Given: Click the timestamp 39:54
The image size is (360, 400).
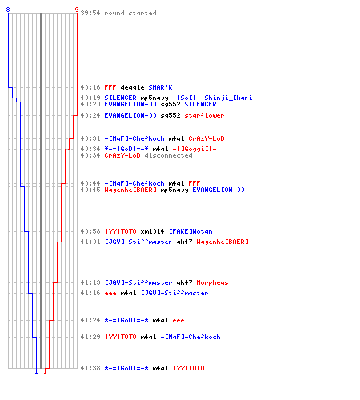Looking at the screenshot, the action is (90, 13).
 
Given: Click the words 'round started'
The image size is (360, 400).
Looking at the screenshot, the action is (130, 13).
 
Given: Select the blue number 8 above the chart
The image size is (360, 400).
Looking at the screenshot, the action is (8, 10).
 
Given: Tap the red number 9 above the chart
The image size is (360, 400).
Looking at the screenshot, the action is (77, 10).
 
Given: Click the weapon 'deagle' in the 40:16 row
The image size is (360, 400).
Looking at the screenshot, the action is (132, 87).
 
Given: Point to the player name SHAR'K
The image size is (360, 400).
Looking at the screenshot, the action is (160, 87).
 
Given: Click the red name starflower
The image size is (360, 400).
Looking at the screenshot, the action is (204, 115).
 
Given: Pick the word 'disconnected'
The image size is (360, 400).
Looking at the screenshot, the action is (168, 155).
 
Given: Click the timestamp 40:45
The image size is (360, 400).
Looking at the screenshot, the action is (90, 190).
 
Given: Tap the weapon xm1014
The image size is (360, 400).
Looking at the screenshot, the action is (152, 231).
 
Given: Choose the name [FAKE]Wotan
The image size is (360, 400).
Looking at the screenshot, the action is (190, 231).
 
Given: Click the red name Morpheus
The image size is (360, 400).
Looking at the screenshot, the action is (212, 282).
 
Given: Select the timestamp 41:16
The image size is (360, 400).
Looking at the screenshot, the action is (90, 293).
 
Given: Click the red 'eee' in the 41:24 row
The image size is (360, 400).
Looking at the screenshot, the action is (178, 320).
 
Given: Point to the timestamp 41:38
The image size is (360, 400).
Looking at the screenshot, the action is (90, 368).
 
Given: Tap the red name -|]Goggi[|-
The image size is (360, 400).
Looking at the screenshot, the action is (194, 149).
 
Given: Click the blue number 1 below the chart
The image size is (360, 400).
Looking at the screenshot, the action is (36, 371).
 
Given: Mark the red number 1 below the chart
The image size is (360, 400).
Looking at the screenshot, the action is (45, 371).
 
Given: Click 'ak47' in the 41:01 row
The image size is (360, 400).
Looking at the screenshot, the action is (184, 242).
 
